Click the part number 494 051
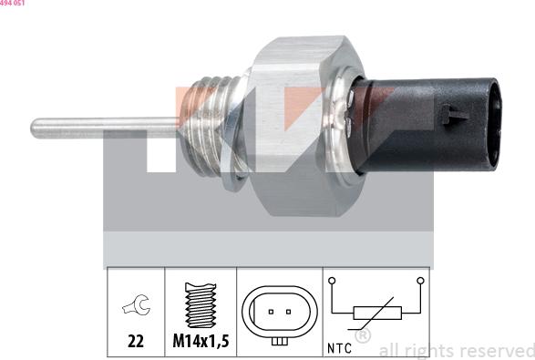(x=13, y=4)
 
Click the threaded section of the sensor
(x=216, y=126)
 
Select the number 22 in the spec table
(x=136, y=344)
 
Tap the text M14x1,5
(x=201, y=344)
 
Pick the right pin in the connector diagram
(x=289, y=312)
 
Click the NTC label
(x=339, y=347)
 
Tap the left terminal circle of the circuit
(x=334, y=281)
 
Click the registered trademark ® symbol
(x=362, y=336)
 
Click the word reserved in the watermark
(x=496, y=350)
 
